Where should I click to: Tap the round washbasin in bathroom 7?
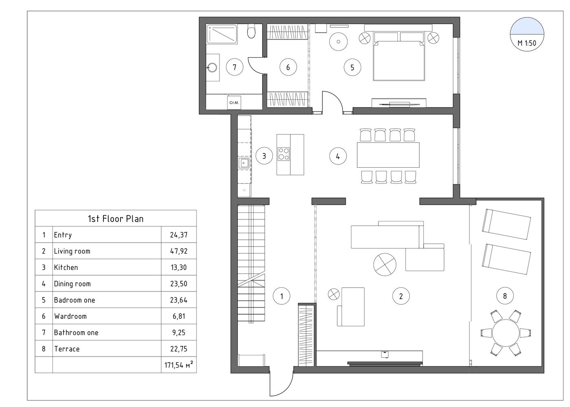click(x=212, y=68)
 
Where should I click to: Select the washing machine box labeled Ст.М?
click(x=234, y=103)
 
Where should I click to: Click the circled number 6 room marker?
click(x=288, y=67)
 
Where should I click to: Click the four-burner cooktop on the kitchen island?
click(x=283, y=154)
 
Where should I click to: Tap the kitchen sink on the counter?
click(x=244, y=163)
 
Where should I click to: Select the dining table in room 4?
click(x=388, y=155)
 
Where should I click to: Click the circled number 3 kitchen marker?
click(x=264, y=155)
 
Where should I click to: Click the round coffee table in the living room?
click(x=384, y=265)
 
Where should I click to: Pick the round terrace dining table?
click(x=506, y=333)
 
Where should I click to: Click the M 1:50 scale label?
click(x=527, y=43)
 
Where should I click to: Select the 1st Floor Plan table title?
click(x=116, y=219)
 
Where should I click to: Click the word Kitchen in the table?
click(x=66, y=267)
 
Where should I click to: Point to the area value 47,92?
click(x=179, y=251)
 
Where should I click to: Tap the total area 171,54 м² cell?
click(x=179, y=365)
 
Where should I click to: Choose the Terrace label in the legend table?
click(x=67, y=349)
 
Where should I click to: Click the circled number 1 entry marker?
click(x=281, y=296)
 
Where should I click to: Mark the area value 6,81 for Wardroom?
click(x=179, y=316)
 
